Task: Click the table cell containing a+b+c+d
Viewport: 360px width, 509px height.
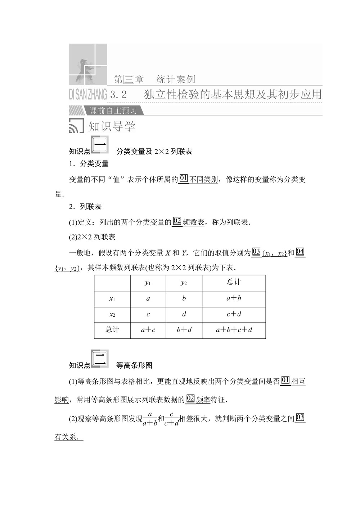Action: click(x=234, y=330)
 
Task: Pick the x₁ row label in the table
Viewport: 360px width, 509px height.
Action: click(x=112, y=299)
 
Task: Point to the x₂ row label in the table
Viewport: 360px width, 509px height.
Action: click(x=112, y=315)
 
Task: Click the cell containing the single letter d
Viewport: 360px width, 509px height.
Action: click(x=184, y=314)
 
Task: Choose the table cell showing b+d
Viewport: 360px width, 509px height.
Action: click(x=184, y=330)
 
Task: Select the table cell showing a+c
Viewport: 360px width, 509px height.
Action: click(x=148, y=330)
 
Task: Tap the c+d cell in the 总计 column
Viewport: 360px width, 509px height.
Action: click(x=234, y=314)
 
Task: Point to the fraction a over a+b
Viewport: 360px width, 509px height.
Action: click(x=150, y=419)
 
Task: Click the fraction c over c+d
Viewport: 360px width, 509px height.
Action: click(x=171, y=419)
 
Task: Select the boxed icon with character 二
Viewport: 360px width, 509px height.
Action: click(x=100, y=359)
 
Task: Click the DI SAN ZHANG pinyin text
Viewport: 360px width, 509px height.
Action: click(x=88, y=95)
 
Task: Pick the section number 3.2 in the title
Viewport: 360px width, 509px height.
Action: click(x=118, y=95)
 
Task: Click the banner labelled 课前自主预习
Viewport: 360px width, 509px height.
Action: click(x=113, y=111)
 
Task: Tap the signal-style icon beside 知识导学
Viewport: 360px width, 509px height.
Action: click(x=76, y=126)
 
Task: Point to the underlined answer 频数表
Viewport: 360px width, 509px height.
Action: click(x=194, y=222)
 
